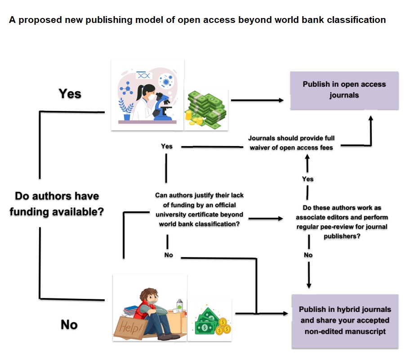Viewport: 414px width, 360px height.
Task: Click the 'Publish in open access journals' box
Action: pyautogui.click(x=344, y=90)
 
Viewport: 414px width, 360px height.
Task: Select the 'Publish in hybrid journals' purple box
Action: pyautogui.click(x=345, y=320)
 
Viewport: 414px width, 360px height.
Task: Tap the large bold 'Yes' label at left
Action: pyautogui.click(x=70, y=93)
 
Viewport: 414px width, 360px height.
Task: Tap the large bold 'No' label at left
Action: pyautogui.click(x=69, y=324)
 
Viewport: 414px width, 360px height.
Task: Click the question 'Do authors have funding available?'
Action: pyautogui.click(x=57, y=204)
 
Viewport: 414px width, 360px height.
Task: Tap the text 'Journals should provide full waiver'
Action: pyautogui.click(x=292, y=138)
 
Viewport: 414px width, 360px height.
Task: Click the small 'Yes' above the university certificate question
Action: pyautogui.click(x=166, y=146)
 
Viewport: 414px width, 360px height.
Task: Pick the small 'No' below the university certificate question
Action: pyautogui.click(x=169, y=255)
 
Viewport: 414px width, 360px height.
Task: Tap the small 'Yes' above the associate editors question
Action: pyautogui.click(x=308, y=179)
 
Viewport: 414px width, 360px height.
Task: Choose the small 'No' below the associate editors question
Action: pyautogui.click(x=308, y=255)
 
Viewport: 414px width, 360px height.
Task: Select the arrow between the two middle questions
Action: pyautogui.click(x=265, y=218)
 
